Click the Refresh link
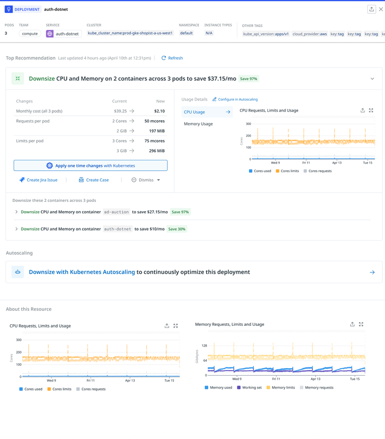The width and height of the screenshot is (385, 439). pos(172,58)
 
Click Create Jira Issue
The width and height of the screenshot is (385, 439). pos(38,180)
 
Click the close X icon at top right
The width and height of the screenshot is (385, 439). pos(381,9)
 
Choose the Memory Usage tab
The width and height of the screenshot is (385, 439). pos(198,124)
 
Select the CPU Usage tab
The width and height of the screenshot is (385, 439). pos(195,112)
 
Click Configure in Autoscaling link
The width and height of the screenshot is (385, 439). pos(235,100)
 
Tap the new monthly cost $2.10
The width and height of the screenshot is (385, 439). pos(159,111)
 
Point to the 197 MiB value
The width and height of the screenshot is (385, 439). pos(157,131)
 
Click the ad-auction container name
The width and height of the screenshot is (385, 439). pos(117,212)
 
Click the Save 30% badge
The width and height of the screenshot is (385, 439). pos(177,229)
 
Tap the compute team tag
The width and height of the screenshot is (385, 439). pos(30,34)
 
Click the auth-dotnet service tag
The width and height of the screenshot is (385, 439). pos(63,34)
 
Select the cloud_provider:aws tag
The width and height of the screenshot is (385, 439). pos(310,34)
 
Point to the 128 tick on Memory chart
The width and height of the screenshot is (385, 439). pos(204,345)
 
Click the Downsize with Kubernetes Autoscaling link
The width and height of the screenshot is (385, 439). pos(82,272)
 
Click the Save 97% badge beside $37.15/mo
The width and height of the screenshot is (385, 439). pos(248,79)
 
